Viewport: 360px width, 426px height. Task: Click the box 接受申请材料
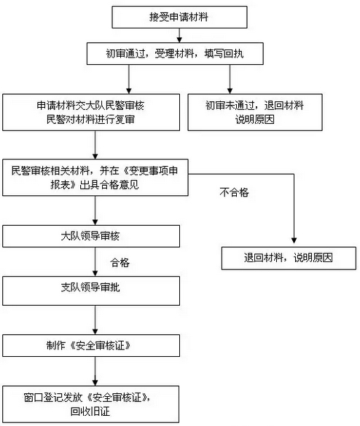[179, 17]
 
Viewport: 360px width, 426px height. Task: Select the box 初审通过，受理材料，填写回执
[175, 53]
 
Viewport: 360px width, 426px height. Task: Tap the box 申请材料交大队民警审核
[91, 112]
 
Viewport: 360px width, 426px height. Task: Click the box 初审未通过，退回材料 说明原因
[255, 112]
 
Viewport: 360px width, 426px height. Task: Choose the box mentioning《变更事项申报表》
[95, 178]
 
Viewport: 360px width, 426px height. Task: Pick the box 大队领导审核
[91, 236]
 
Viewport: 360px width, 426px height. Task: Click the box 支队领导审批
[91, 291]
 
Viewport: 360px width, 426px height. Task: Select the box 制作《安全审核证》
[91, 346]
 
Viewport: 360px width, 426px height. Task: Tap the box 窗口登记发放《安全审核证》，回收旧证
[91, 404]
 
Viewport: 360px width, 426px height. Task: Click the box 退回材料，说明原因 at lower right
[289, 258]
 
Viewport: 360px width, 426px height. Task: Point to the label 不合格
[234, 192]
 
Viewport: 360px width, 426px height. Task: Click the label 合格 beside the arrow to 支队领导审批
[120, 262]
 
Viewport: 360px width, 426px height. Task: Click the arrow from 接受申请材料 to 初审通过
[179, 36]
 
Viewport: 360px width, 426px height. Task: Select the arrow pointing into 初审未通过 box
[230, 79]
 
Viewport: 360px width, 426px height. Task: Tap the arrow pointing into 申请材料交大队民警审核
[129, 79]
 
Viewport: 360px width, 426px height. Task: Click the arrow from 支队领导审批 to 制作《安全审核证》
[95, 320]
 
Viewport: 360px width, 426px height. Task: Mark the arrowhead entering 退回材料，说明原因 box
[294, 240]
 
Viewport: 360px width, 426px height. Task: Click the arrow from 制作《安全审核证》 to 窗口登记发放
[95, 371]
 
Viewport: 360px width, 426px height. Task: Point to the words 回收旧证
[90, 411]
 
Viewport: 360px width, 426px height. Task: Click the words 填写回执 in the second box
[224, 53]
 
